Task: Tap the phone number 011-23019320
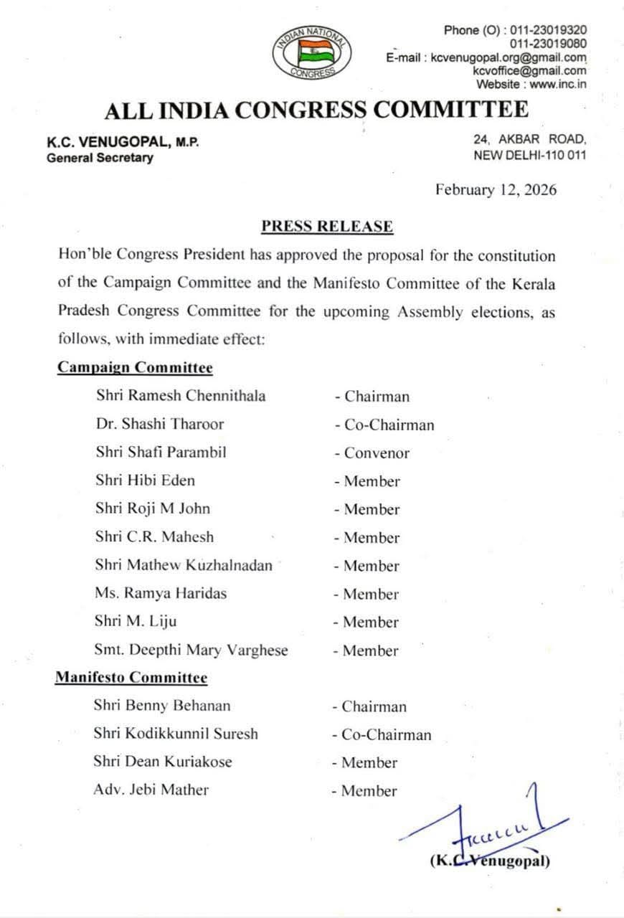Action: tap(548, 30)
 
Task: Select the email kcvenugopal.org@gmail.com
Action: tap(509, 57)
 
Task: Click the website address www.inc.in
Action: tap(559, 84)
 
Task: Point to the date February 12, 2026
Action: tap(496, 190)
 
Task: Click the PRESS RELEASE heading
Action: tap(327, 227)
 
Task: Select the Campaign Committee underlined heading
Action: tap(135, 368)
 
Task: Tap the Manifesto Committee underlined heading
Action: tap(131, 678)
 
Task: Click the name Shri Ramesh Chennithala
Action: tap(180, 396)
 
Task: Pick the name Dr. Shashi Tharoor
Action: tap(159, 424)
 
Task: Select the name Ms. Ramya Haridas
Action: tap(161, 594)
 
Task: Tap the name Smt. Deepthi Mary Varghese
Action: tap(191, 650)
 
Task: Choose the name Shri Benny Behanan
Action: tap(162, 706)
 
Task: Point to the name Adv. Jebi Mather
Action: tap(151, 790)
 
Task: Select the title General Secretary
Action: tap(100, 158)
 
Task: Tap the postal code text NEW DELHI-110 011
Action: tap(529, 155)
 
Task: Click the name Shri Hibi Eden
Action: tap(145, 481)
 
